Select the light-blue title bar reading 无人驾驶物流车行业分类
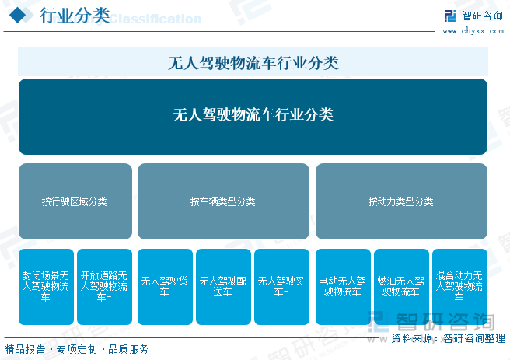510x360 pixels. [253, 62]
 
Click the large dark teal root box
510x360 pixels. [253, 116]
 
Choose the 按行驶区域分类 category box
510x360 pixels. [75, 201]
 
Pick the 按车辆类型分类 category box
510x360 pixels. [223, 201]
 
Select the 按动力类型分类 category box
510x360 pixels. [401, 201]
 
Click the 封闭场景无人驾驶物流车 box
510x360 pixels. [46, 287]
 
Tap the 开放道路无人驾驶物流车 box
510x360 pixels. [104, 287]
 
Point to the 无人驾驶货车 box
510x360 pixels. [164, 287]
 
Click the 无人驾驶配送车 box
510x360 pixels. [223, 287]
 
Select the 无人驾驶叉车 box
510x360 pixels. [281, 287]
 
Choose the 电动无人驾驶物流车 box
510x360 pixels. [343, 287]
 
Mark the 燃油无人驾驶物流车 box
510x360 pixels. [401, 287]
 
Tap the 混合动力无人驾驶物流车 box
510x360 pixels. [459, 287]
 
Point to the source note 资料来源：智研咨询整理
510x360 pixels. [446, 338]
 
